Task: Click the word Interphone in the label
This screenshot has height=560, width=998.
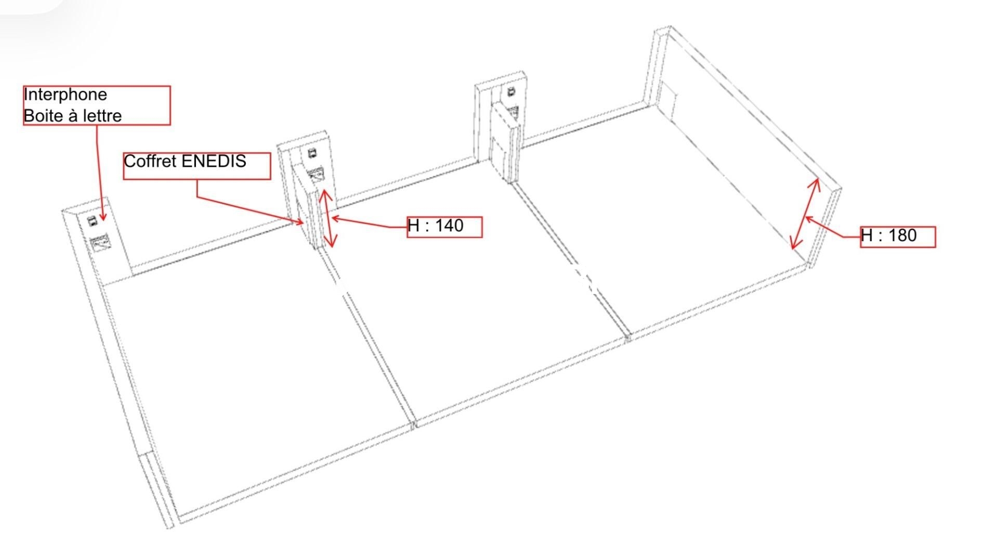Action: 65,95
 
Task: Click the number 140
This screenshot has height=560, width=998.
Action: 449,225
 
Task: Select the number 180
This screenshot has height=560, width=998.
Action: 902,235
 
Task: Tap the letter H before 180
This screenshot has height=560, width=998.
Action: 866,235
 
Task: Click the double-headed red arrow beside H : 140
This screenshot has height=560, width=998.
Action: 328,218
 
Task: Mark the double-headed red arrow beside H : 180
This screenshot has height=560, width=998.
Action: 805,214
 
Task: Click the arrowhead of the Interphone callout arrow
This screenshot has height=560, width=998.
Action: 103,217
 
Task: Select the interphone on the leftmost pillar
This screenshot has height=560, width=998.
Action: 92,221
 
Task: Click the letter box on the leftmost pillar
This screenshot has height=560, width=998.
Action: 100,243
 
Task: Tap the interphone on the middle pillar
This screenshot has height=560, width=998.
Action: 312,153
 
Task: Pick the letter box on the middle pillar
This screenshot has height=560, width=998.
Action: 317,175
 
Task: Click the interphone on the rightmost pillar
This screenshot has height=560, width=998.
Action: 511,92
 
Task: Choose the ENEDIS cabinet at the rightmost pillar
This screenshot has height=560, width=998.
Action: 505,142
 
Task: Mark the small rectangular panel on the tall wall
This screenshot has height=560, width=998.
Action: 668,99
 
